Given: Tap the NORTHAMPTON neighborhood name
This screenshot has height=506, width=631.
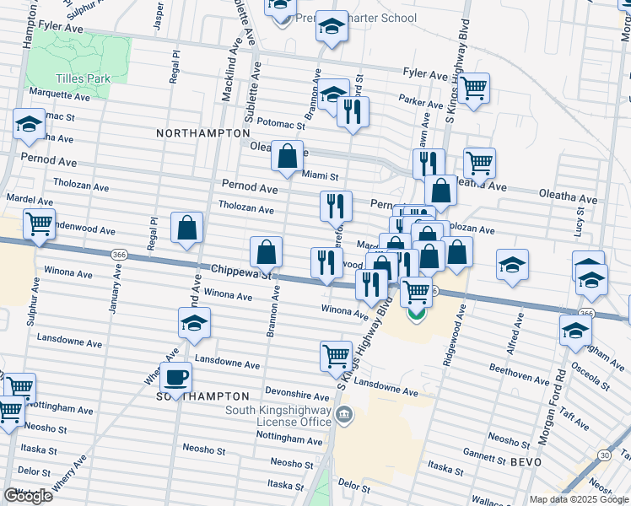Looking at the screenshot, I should (203, 133).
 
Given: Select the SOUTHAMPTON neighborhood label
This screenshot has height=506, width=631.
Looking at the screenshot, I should (202, 396).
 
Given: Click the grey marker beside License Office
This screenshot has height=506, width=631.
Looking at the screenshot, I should (343, 413).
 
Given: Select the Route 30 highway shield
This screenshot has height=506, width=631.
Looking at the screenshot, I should (605, 455).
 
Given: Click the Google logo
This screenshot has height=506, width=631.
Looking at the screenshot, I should (28, 495).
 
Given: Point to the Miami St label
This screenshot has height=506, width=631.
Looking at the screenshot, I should (321, 176).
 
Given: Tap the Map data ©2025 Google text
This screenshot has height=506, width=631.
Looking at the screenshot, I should (579, 499).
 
